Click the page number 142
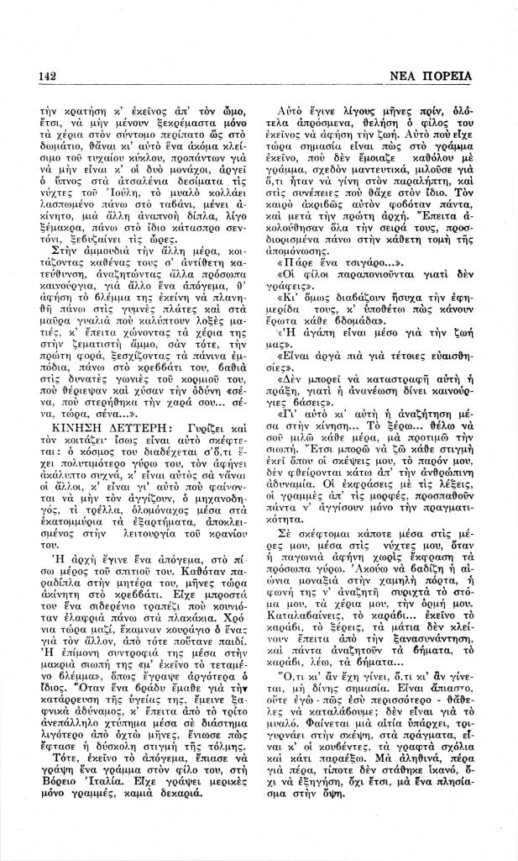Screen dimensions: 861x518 48,77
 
